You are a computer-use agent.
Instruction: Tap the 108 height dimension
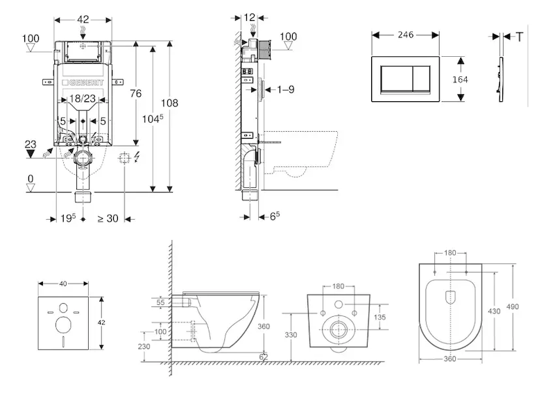click(x=170, y=103)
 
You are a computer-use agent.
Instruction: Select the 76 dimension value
click(x=136, y=94)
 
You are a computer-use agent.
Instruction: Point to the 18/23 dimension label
click(x=83, y=100)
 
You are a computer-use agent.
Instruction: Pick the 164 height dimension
click(x=460, y=79)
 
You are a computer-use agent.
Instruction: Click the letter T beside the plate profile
click(x=520, y=37)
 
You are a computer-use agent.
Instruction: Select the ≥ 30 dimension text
click(x=107, y=218)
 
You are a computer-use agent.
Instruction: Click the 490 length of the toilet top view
click(x=513, y=306)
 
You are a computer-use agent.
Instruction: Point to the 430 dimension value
click(x=493, y=312)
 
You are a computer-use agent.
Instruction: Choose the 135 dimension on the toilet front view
click(x=380, y=318)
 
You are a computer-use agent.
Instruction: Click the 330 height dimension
click(x=291, y=335)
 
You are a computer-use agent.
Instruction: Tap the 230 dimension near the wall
click(x=144, y=347)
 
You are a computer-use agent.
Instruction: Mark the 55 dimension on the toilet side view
click(x=161, y=303)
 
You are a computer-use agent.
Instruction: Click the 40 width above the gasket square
click(x=64, y=284)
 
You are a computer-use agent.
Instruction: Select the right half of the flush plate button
click(x=422, y=79)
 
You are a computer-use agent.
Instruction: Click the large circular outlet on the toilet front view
click(x=339, y=330)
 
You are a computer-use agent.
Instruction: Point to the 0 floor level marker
click(x=30, y=179)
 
